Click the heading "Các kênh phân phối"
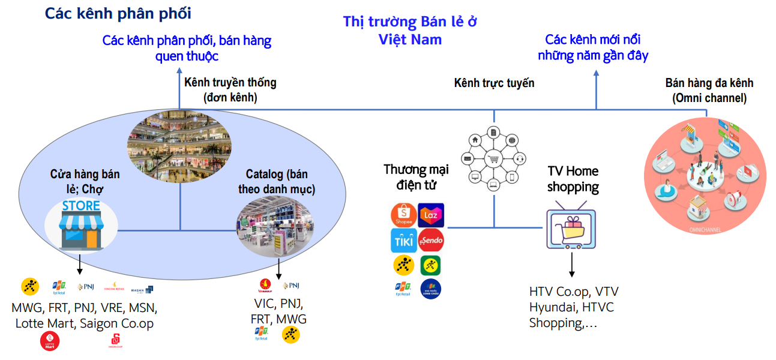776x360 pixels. point(118,13)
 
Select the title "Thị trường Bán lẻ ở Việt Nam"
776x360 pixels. point(410,31)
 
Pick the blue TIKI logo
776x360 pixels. point(403,241)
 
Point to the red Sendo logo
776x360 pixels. point(431,241)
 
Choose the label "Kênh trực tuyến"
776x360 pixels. point(494,83)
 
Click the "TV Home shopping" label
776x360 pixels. point(573,179)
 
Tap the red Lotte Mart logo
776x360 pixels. point(49,341)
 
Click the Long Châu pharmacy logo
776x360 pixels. point(431,289)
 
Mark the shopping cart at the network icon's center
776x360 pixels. point(494,159)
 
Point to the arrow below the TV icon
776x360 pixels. point(571,265)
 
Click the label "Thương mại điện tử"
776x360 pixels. point(416,177)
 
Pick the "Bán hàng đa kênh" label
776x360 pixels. point(709,90)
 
